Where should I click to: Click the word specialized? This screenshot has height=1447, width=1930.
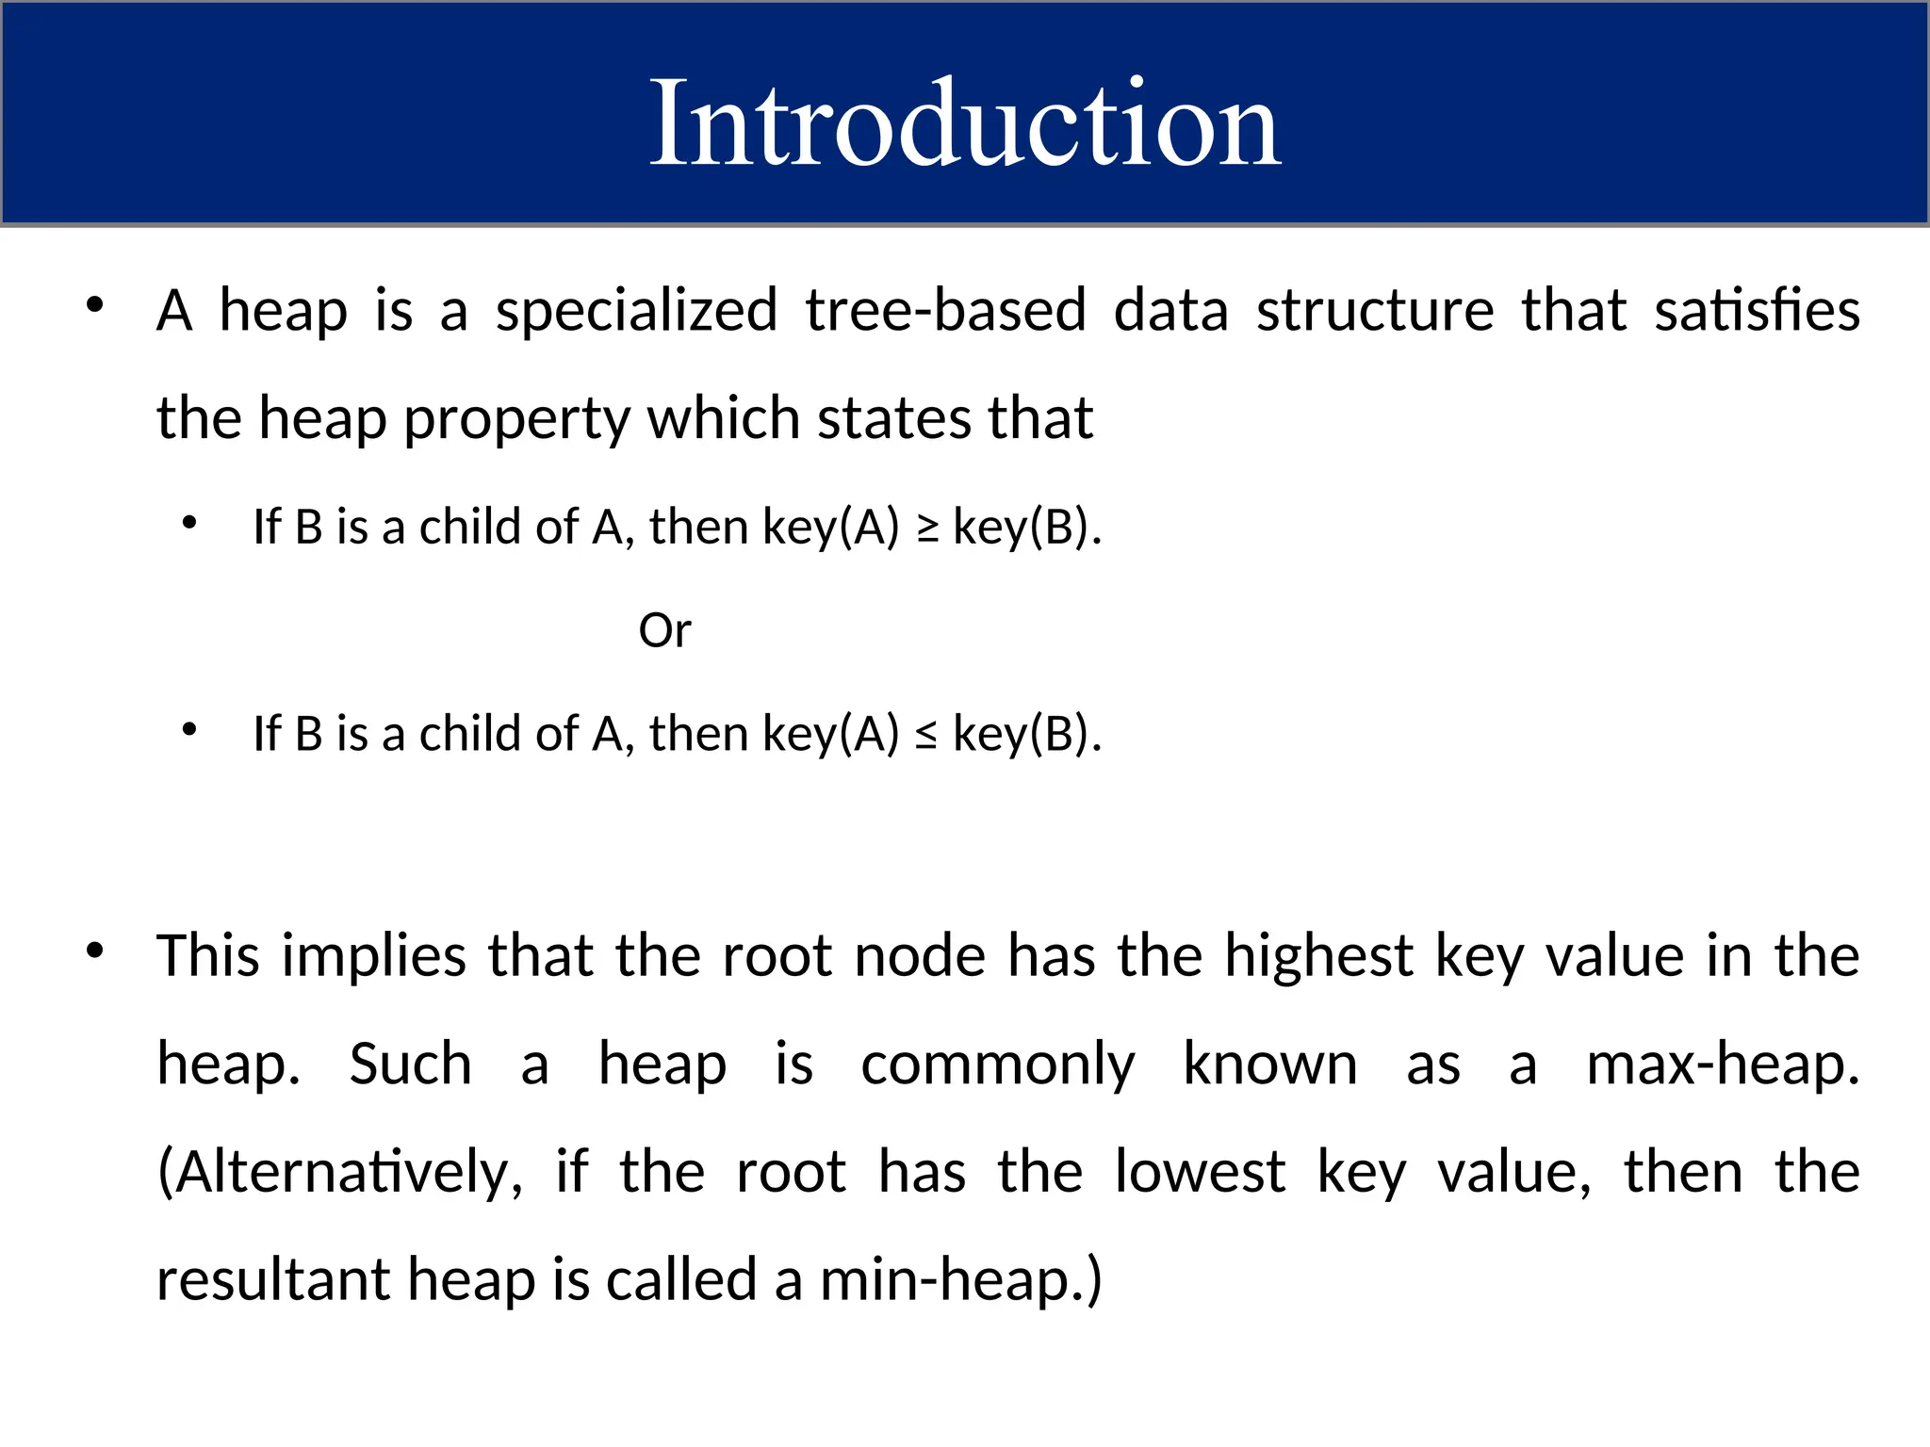tap(637, 311)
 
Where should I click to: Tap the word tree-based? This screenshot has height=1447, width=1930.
tap(945, 311)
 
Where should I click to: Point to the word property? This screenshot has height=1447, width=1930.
tap(516, 419)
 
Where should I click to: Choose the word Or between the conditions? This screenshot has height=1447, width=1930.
tap(664, 630)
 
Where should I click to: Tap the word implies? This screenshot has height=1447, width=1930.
tap(373, 956)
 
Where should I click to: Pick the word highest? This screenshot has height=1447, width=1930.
tap(1318, 956)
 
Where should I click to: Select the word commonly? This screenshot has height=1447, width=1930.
tap(998, 1065)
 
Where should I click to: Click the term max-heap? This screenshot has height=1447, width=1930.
tap(1723, 1065)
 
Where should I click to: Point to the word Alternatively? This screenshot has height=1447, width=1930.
tap(339, 1173)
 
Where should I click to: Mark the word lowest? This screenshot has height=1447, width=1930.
tap(1200, 1173)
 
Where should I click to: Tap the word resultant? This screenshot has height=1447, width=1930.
tap(272, 1281)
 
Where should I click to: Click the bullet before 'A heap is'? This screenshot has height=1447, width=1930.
tap(94, 305)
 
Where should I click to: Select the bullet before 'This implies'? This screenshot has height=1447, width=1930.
tap(94, 951)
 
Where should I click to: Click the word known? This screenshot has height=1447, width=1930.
tap(1269, 1065)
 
